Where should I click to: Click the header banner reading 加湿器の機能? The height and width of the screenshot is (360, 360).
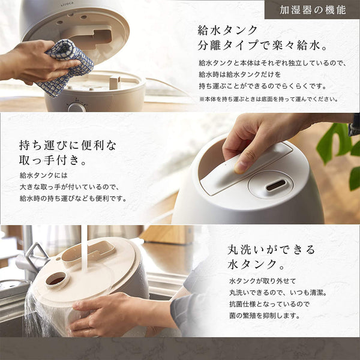[x=312, y=10]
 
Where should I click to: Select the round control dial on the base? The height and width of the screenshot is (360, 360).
[x=76, y=107]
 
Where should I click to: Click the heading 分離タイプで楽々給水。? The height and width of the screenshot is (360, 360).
[x=262, y=46]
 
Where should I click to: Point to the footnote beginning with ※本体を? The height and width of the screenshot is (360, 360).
[x=269, y=99]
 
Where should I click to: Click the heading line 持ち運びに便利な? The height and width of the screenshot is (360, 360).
[x=68, y=145]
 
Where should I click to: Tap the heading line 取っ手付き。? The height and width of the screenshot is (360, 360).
[x=52, y=160]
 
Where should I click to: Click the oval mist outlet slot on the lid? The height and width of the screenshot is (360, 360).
[x=276, y=185]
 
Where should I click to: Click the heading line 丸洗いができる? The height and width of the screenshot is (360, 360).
[x=271, y=250]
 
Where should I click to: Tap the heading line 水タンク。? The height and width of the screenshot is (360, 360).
[x=256, y=264]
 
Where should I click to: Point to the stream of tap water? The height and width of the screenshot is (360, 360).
[x=85, y=248]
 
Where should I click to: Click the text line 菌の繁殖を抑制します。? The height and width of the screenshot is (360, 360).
[x=265, y=316]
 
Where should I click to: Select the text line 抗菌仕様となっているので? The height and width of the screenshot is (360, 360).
[x=269, y=304]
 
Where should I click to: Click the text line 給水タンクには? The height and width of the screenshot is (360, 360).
[x=44, y=175]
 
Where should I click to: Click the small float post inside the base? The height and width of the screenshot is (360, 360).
[x=115, y=83]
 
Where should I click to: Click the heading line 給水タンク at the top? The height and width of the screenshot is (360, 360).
[x=227, y=31]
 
